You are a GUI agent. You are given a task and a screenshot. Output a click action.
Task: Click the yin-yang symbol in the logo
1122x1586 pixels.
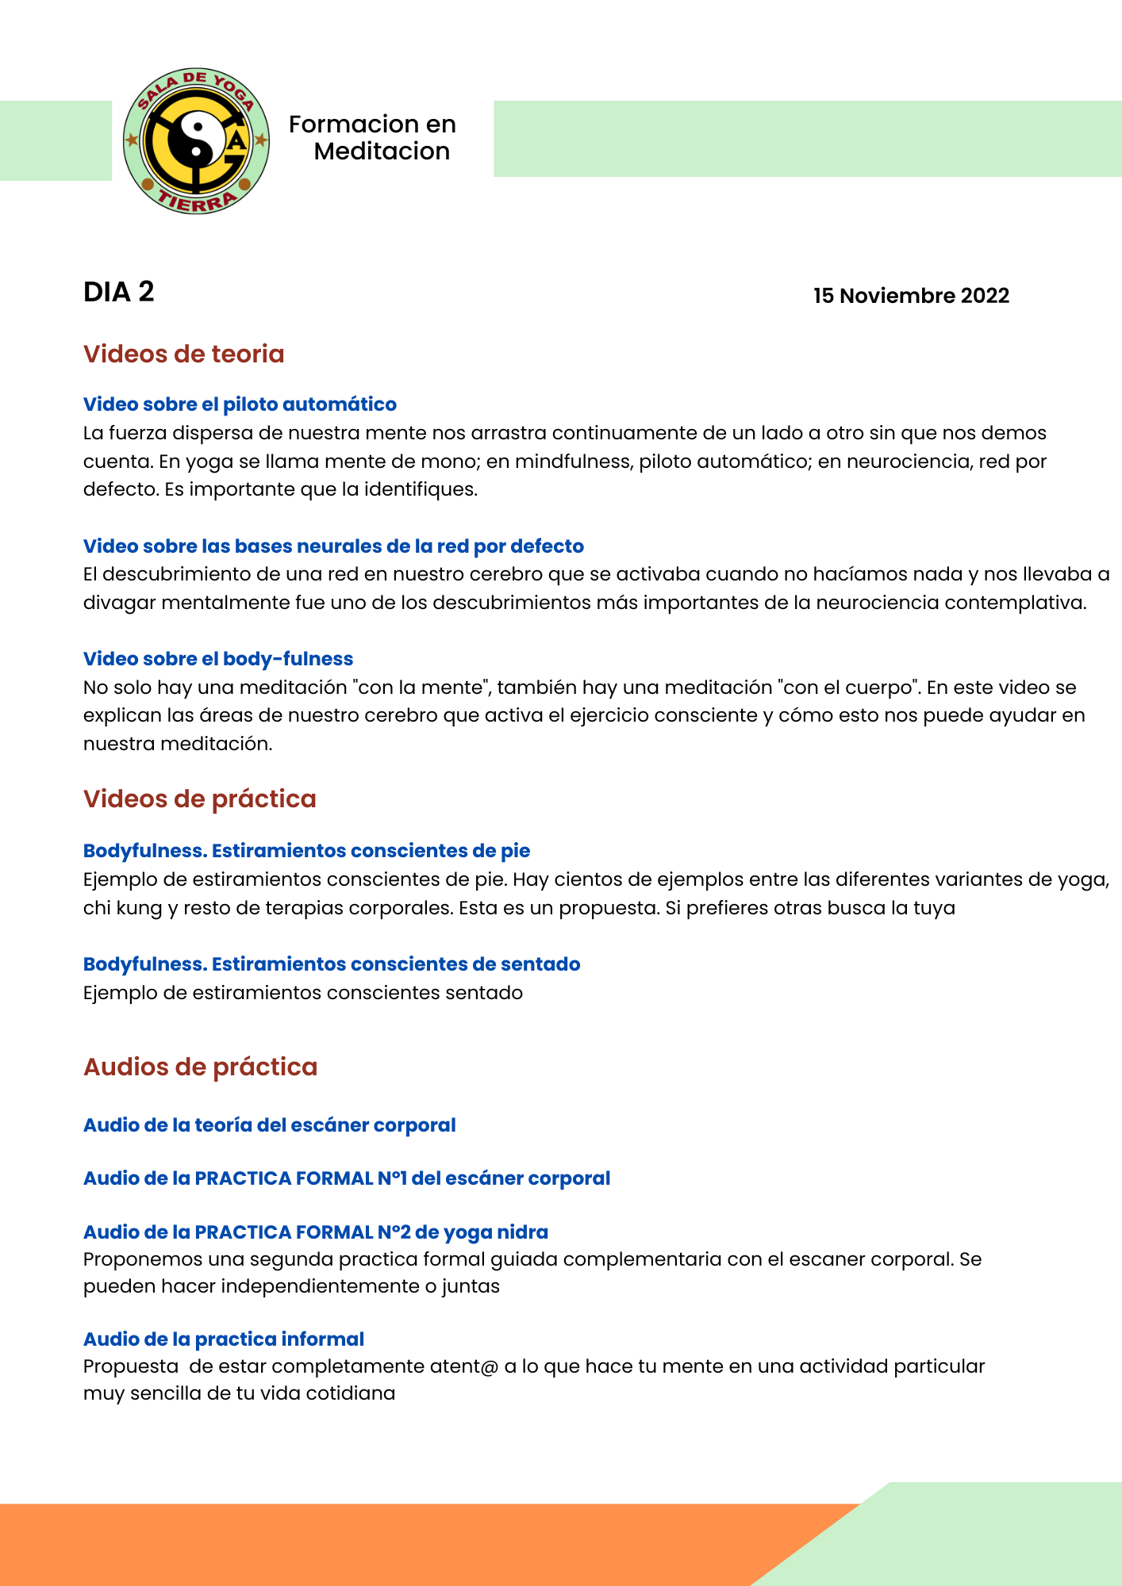197,140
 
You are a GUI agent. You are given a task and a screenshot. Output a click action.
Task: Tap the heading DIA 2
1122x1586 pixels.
119,293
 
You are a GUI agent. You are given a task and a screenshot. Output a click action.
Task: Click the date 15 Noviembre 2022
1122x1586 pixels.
911,296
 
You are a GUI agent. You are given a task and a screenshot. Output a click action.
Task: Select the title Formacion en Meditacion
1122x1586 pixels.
373,138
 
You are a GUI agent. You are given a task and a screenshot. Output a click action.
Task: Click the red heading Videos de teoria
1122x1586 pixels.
183,354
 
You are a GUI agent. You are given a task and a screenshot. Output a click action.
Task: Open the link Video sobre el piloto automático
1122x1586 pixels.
240,404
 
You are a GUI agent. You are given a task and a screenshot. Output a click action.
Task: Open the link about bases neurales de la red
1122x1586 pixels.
333,546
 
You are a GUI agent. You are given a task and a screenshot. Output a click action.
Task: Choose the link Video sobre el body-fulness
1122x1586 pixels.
218,659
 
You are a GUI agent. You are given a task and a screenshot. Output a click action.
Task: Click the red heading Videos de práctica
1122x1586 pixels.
199,799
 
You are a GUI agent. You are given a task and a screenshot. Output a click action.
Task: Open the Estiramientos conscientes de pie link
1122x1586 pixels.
306,851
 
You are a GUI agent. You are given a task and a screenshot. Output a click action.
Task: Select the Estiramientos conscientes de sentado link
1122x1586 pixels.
332,964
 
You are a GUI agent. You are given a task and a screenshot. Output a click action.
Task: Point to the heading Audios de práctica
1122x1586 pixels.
200,1067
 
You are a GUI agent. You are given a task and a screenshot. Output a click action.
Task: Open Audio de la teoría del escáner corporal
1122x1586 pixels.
269,1125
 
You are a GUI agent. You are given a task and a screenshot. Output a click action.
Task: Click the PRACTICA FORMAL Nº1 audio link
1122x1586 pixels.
347,1178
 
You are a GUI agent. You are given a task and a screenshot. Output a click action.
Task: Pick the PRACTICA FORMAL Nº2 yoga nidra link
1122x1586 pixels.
316,1232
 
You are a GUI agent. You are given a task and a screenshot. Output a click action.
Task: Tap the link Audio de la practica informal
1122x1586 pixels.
224,1339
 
